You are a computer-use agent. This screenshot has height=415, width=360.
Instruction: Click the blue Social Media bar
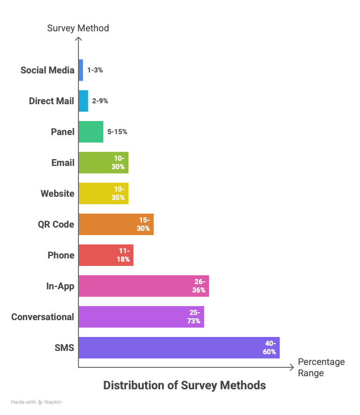coord(81,70)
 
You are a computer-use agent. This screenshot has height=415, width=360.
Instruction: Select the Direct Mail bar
coord(84,101)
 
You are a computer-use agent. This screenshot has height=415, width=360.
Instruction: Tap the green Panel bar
coord(91,132)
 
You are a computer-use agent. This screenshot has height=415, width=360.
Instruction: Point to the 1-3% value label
coord(95,70)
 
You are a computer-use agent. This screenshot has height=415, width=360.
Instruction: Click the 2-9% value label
coord(100,101)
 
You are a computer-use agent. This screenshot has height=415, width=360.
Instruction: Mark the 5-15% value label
coord(117,132)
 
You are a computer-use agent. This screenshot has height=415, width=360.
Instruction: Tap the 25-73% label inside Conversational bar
coord(194,317)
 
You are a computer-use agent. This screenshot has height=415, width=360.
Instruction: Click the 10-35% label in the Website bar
coord(119,193)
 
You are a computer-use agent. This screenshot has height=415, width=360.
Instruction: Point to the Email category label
coord(63,163)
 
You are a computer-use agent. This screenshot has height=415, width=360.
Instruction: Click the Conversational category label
coord(42,317)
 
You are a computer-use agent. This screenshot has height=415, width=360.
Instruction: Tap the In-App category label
coord(60,286)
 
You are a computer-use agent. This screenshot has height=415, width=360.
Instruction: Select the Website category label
coord(57,193)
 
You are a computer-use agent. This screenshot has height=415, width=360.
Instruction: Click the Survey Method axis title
coord(78,28)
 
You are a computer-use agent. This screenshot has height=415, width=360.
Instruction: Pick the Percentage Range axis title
coord(321,367)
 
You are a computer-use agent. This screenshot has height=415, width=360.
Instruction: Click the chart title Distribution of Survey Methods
coord(184,386)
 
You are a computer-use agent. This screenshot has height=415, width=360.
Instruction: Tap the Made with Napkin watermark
coord(36,402)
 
